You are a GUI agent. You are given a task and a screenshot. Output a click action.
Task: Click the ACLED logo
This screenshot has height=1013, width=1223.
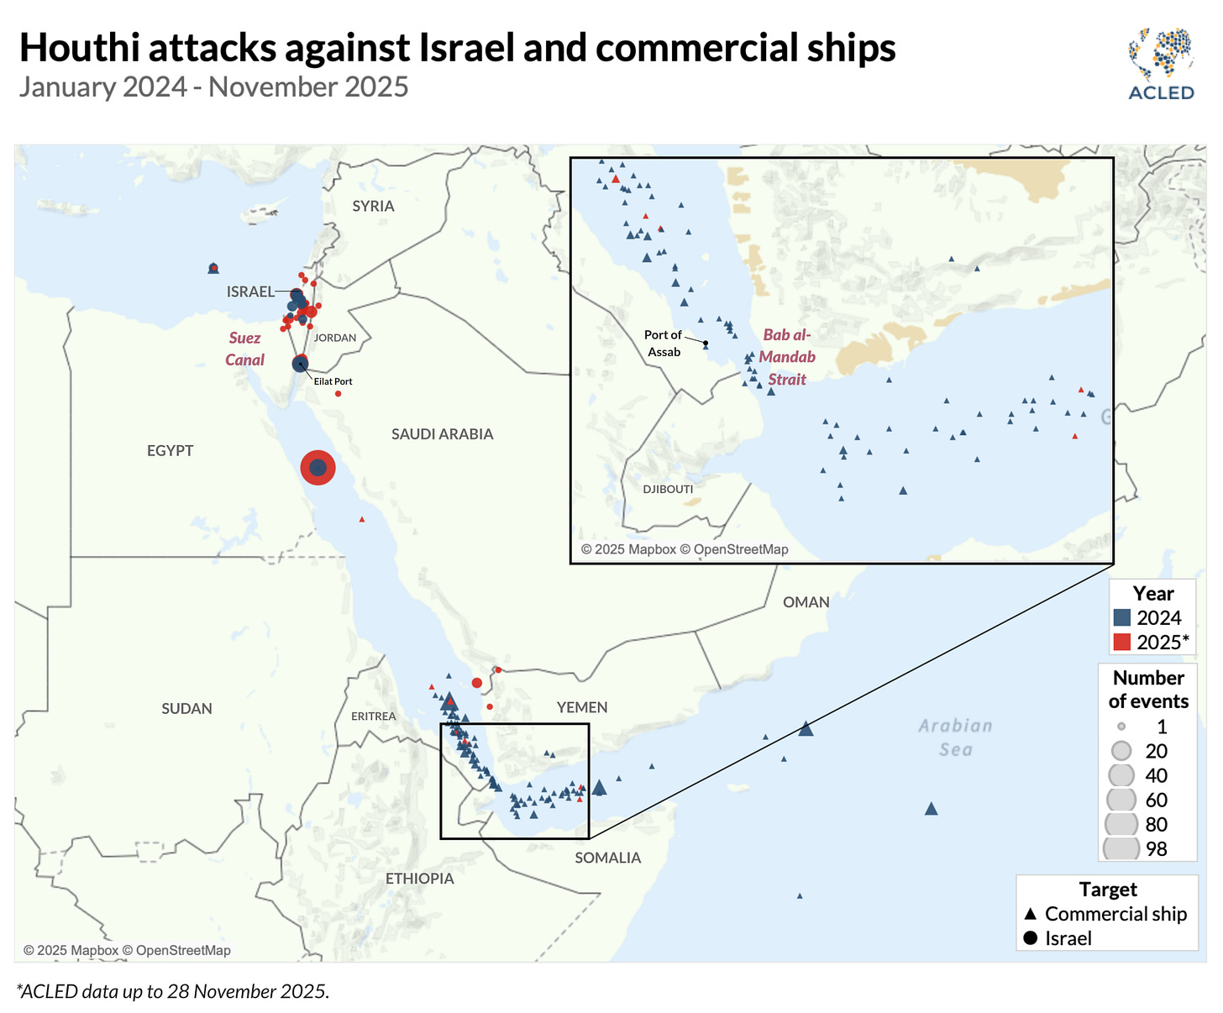[1162, 65]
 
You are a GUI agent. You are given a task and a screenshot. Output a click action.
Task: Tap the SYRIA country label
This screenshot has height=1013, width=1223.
[373, 206]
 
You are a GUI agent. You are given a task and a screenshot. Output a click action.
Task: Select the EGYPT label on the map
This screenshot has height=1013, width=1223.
[170, 450]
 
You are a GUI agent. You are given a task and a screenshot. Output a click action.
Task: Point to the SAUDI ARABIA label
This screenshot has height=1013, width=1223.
[442, 433]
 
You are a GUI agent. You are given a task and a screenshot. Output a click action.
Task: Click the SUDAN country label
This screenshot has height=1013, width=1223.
[186, 708]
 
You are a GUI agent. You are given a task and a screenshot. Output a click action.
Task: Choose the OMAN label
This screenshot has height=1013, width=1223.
[806, 601]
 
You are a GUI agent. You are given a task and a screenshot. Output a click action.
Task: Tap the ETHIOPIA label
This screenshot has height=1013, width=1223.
[419, 878]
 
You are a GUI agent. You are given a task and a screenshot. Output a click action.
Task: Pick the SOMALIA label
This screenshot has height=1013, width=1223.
[607, 858]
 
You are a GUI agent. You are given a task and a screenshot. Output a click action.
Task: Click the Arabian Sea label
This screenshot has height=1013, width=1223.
[955, 737]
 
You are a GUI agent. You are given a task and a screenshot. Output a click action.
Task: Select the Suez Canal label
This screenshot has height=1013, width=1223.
[244, 349]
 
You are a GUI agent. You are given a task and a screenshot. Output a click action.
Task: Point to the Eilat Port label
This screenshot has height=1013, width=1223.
[333, 381]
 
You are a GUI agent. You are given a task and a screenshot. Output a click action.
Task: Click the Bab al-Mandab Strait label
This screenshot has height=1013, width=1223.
[787, 357]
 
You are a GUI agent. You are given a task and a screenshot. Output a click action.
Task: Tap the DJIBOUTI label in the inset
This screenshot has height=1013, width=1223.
[668, 489]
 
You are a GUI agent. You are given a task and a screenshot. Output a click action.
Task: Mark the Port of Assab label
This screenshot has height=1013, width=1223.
[664, 343]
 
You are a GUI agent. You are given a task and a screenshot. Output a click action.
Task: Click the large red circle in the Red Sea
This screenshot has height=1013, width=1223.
[318, 468]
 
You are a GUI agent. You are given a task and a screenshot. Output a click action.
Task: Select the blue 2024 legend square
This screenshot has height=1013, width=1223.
[1121, 617]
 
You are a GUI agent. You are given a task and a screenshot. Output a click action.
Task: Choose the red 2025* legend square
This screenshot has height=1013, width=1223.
[1121, 643]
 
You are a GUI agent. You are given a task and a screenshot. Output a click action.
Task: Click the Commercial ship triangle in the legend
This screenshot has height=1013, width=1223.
[1030, 914]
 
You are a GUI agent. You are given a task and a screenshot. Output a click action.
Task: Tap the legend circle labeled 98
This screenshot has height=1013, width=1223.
[1121, 848]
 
